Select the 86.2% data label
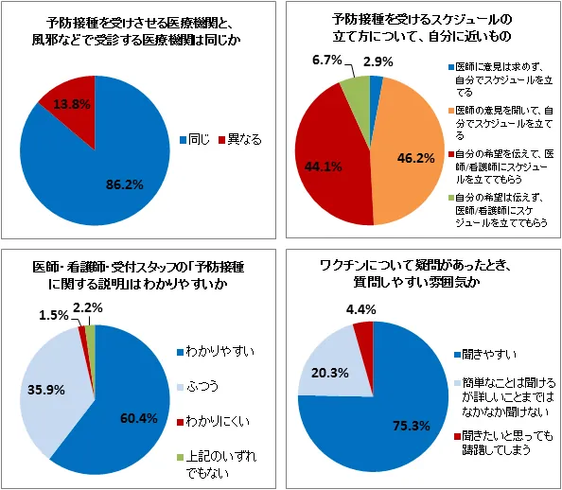tap(124, 185)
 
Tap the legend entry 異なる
tap(240, 139)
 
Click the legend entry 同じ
tap(195, 139)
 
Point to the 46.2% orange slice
tap(409, 158)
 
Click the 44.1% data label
tap(323, 166)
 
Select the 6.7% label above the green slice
tap(326, 61)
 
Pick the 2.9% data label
tap(378, 61)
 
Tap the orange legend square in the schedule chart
tap(451, 111)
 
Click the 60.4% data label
tap(139, 418)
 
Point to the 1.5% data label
tap(53, 315)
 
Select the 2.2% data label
tap(88, 307)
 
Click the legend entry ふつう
tap(198, 386)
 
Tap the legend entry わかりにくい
tap(214, 421)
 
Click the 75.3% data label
tap(412, 426)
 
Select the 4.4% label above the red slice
tap(360, 309)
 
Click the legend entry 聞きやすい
tap(485, 355)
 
